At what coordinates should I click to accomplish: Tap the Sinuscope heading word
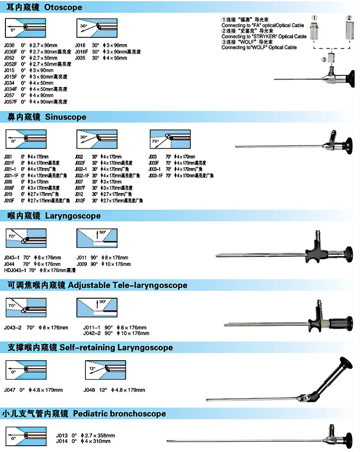[x=66, y=117]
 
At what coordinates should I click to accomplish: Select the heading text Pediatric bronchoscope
[x=119, y=414]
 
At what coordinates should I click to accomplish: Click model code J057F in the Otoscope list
[x=10, y=102]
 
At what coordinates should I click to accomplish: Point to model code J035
[x=81, y=58]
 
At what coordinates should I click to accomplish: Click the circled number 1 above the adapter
[x=314, y=17]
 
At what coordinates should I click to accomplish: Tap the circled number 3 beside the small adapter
[x=323, y=59]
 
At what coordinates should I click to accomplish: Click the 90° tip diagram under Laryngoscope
[x=94, y=238]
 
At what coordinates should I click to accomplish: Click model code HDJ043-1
[x=14, y=270]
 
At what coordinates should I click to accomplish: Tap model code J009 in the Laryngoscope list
[x=81, y=264]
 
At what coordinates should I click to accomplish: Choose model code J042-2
[x=91, y=333]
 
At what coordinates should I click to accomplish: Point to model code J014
[x=61, y=441]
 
